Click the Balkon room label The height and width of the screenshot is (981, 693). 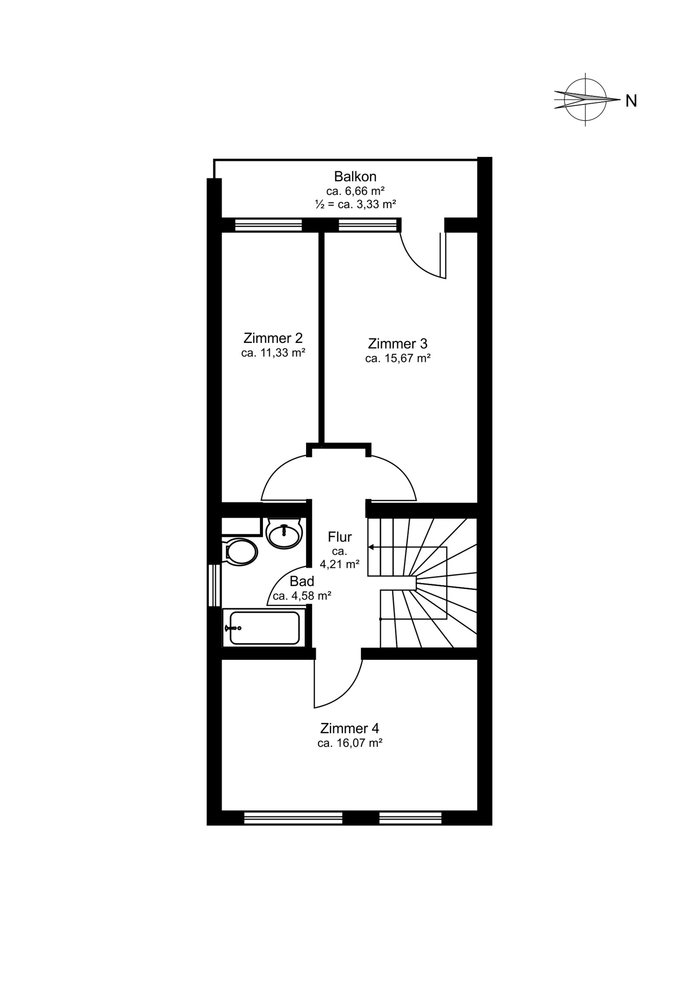[x=355, y=177]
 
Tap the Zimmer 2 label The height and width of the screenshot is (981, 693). [x=273, y=338]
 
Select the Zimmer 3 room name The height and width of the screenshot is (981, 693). [x=398, y=343]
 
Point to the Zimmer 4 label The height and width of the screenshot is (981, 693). [x=350, y=728]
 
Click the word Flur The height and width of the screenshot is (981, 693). [x=340, y=537]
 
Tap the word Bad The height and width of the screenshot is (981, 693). [x=302, y=582]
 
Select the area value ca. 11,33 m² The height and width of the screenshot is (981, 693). [x=273, y=353]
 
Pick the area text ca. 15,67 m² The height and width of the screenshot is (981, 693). [x=398, y=359]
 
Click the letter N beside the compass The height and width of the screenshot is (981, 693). [x=631, y=101]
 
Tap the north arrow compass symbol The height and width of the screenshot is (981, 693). [x=586, y=100]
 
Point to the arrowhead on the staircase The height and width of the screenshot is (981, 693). [x=371, y=547]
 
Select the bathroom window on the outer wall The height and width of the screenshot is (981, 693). [x=214, y=586]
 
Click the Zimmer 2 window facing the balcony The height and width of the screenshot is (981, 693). [x=268, y=225]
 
